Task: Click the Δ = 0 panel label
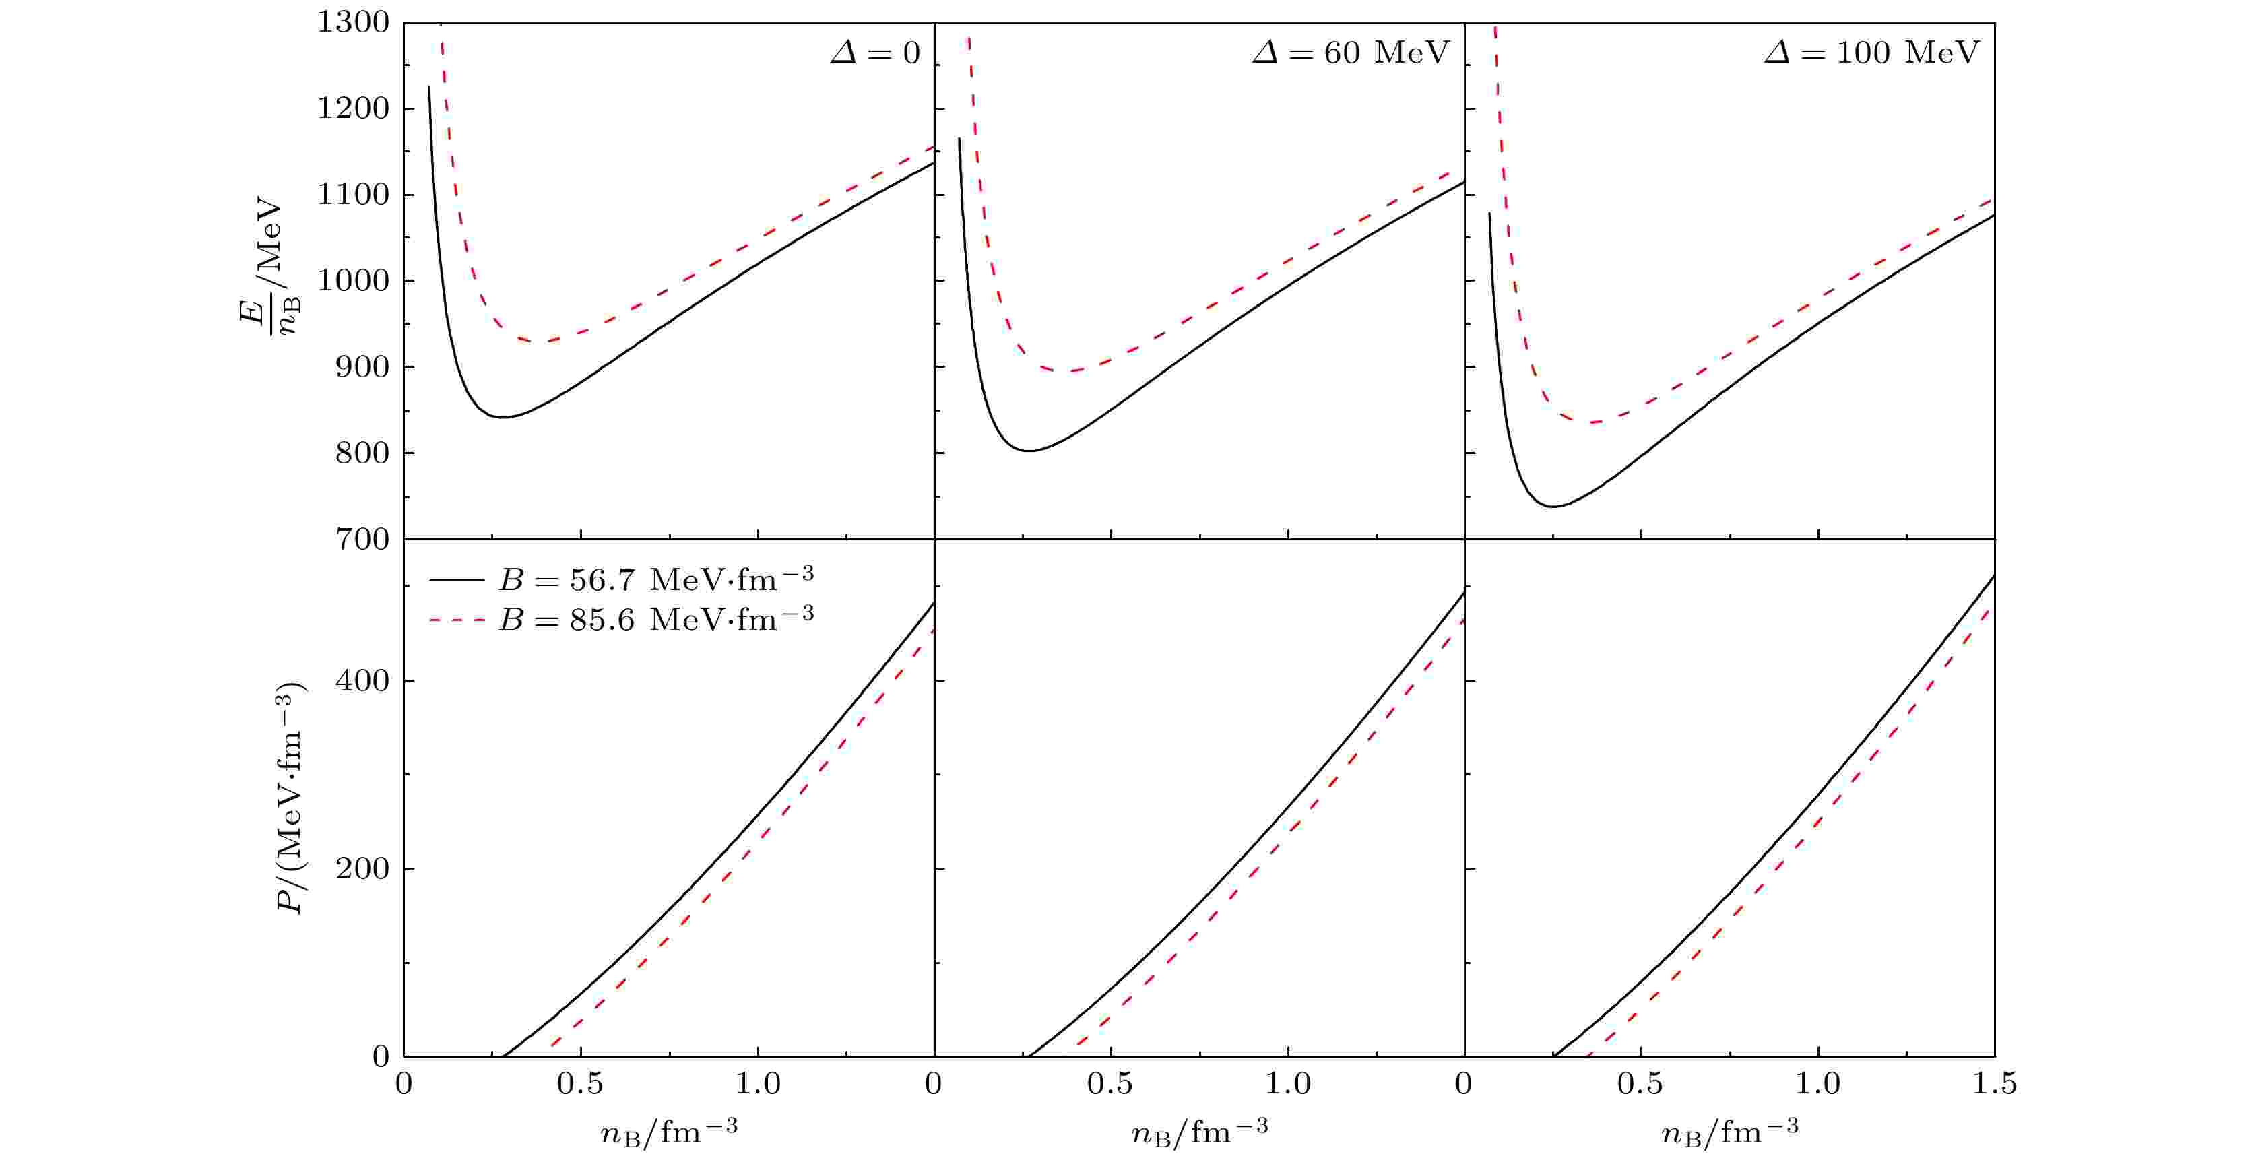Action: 875,53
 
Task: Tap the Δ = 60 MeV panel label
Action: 1350,53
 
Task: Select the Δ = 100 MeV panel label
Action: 1871,53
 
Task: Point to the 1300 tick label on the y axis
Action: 354,23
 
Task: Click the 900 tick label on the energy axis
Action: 362,366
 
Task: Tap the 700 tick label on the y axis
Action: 362,539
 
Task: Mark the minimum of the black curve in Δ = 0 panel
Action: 503,416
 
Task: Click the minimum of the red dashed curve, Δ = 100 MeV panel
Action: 1595,422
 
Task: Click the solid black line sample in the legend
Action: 457,580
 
